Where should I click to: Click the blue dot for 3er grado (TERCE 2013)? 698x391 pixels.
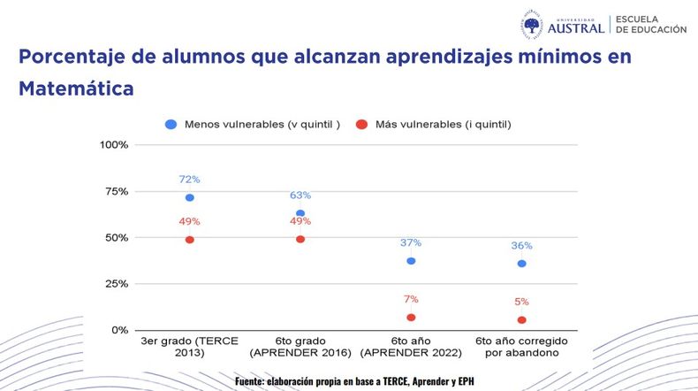(x=190, y=197)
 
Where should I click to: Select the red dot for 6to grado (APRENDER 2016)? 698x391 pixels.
(x=300, y=239)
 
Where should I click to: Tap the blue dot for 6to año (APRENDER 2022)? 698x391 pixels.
(x=411, y=261)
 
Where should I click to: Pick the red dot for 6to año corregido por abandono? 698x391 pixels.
(x=522, y=320)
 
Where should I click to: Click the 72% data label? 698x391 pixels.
(x=190, y=180)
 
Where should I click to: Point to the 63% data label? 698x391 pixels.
(x=300, y=195)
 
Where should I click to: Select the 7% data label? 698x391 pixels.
(x=411, y=300)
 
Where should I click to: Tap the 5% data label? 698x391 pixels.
(x=522, y=303)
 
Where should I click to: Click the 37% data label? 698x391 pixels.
(x=411, y=243)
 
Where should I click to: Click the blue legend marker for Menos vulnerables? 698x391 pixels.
(x=171, y=124)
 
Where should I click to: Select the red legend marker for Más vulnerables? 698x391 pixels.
(x=362, y=124)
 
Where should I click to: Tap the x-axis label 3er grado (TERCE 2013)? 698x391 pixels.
(x=190, y=347)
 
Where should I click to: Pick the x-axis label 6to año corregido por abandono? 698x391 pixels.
(x=522, y=347)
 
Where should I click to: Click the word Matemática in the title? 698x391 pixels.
(x=77, y=89)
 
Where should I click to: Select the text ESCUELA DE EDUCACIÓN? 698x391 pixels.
(x=650, y=24)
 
